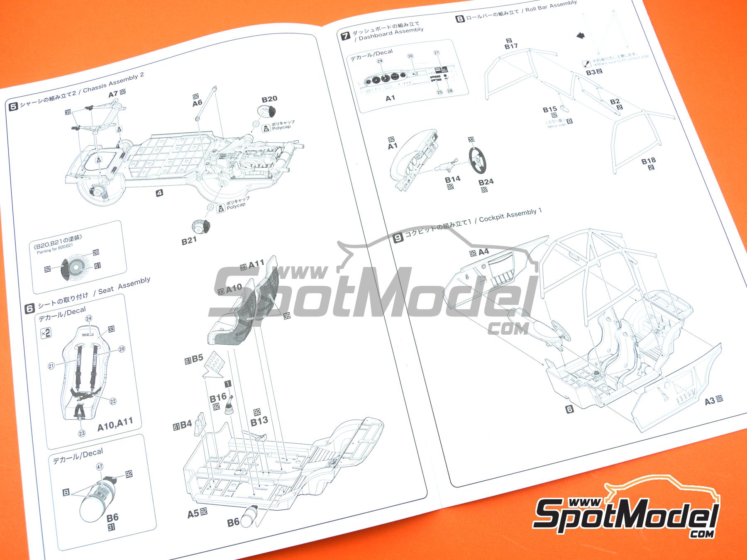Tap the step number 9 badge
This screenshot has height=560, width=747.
coord(398,238)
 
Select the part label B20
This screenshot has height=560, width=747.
coord(269,99)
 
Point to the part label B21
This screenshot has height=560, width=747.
coord(189,240)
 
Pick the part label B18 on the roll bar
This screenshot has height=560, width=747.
coord(648,161)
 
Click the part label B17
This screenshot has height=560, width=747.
coord(511,46)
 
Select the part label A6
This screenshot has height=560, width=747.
coord(198,103)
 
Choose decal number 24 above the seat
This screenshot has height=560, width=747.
coord(88,318)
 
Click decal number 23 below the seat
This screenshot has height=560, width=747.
coord(82,433)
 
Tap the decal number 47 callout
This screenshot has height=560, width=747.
coord(100,467)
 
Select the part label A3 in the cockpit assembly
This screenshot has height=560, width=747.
coord(710,401)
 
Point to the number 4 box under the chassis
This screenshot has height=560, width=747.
coord(159,192)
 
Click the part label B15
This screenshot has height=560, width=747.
coord(550,110)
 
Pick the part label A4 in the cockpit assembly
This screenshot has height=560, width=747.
coord(483,252)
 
